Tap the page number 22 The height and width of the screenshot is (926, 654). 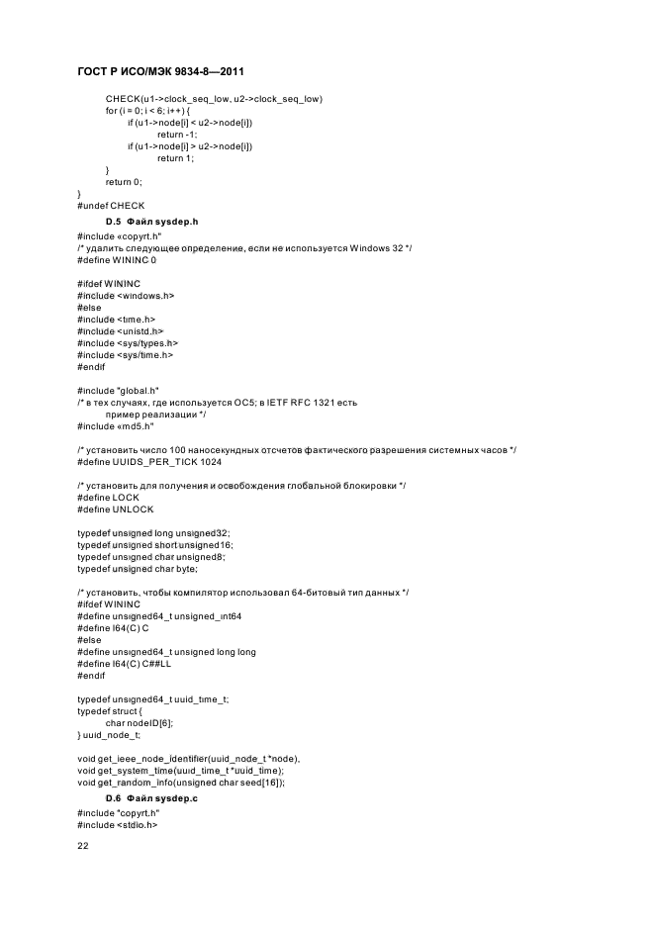coord(83,847)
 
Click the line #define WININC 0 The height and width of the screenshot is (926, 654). coord(116,260)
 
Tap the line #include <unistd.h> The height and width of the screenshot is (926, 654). coord(120,331)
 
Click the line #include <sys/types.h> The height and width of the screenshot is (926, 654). coord(128,343)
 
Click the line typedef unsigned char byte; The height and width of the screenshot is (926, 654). coord(138,569)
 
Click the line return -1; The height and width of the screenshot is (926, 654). coord(177,135)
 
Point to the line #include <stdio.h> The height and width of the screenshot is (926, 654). coord(117,824)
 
